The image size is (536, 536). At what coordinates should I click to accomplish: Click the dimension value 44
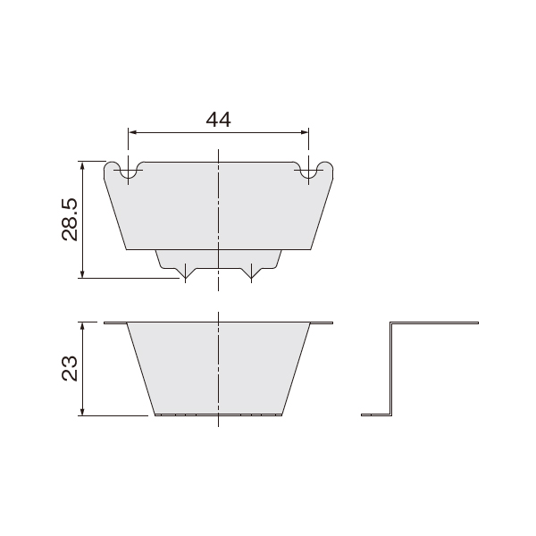coord(218,120)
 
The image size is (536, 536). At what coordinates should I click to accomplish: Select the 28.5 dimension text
coord(70,220)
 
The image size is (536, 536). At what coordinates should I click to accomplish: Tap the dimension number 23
coord(70,368)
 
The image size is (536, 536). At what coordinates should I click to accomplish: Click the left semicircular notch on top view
coord(128,174)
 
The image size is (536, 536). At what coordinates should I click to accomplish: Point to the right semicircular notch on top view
coord(308,174)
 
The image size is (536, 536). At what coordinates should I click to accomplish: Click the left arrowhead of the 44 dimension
coord(132,132)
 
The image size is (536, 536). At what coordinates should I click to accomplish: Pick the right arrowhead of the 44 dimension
coord(305,132)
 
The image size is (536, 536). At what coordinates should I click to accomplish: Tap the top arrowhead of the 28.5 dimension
coord(82,165)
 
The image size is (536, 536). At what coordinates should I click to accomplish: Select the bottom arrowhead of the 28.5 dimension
coord(82,274)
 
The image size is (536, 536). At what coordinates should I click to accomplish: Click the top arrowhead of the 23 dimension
coord(82,326)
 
